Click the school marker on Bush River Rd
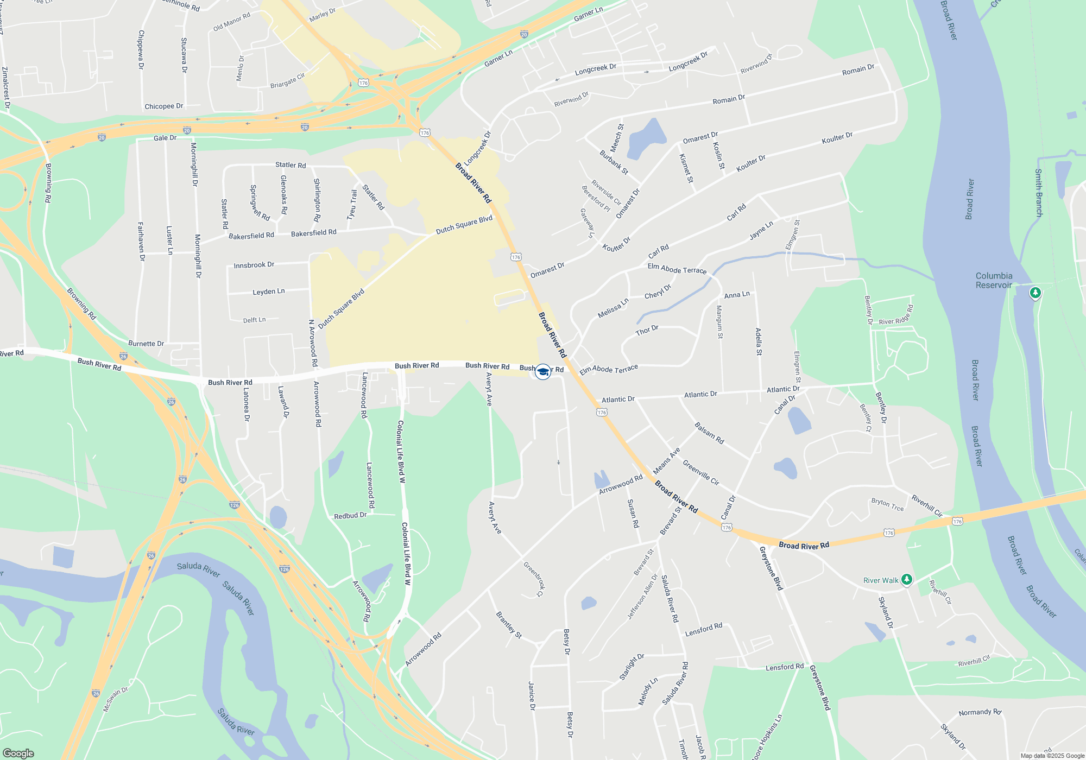point(542,372)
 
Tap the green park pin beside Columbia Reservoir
point(1036,294)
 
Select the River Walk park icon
point(906,580)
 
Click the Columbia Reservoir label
point(994,280)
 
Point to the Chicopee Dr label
point(163,106)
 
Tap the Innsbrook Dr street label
point(254,265)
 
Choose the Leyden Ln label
point(268,292)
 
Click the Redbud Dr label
point(350,516)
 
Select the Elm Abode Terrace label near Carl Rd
point(677,269)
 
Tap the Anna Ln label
point(737,295)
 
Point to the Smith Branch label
point(1038,193)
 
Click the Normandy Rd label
point(980,712)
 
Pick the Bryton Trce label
point(887,504)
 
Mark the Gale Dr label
point(165,138)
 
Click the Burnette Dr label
point(146,344)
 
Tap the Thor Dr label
point(647,331)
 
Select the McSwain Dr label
point(116,699)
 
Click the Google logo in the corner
point(18,753)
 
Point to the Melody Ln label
point(648,691)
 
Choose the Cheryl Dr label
point(658,292)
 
